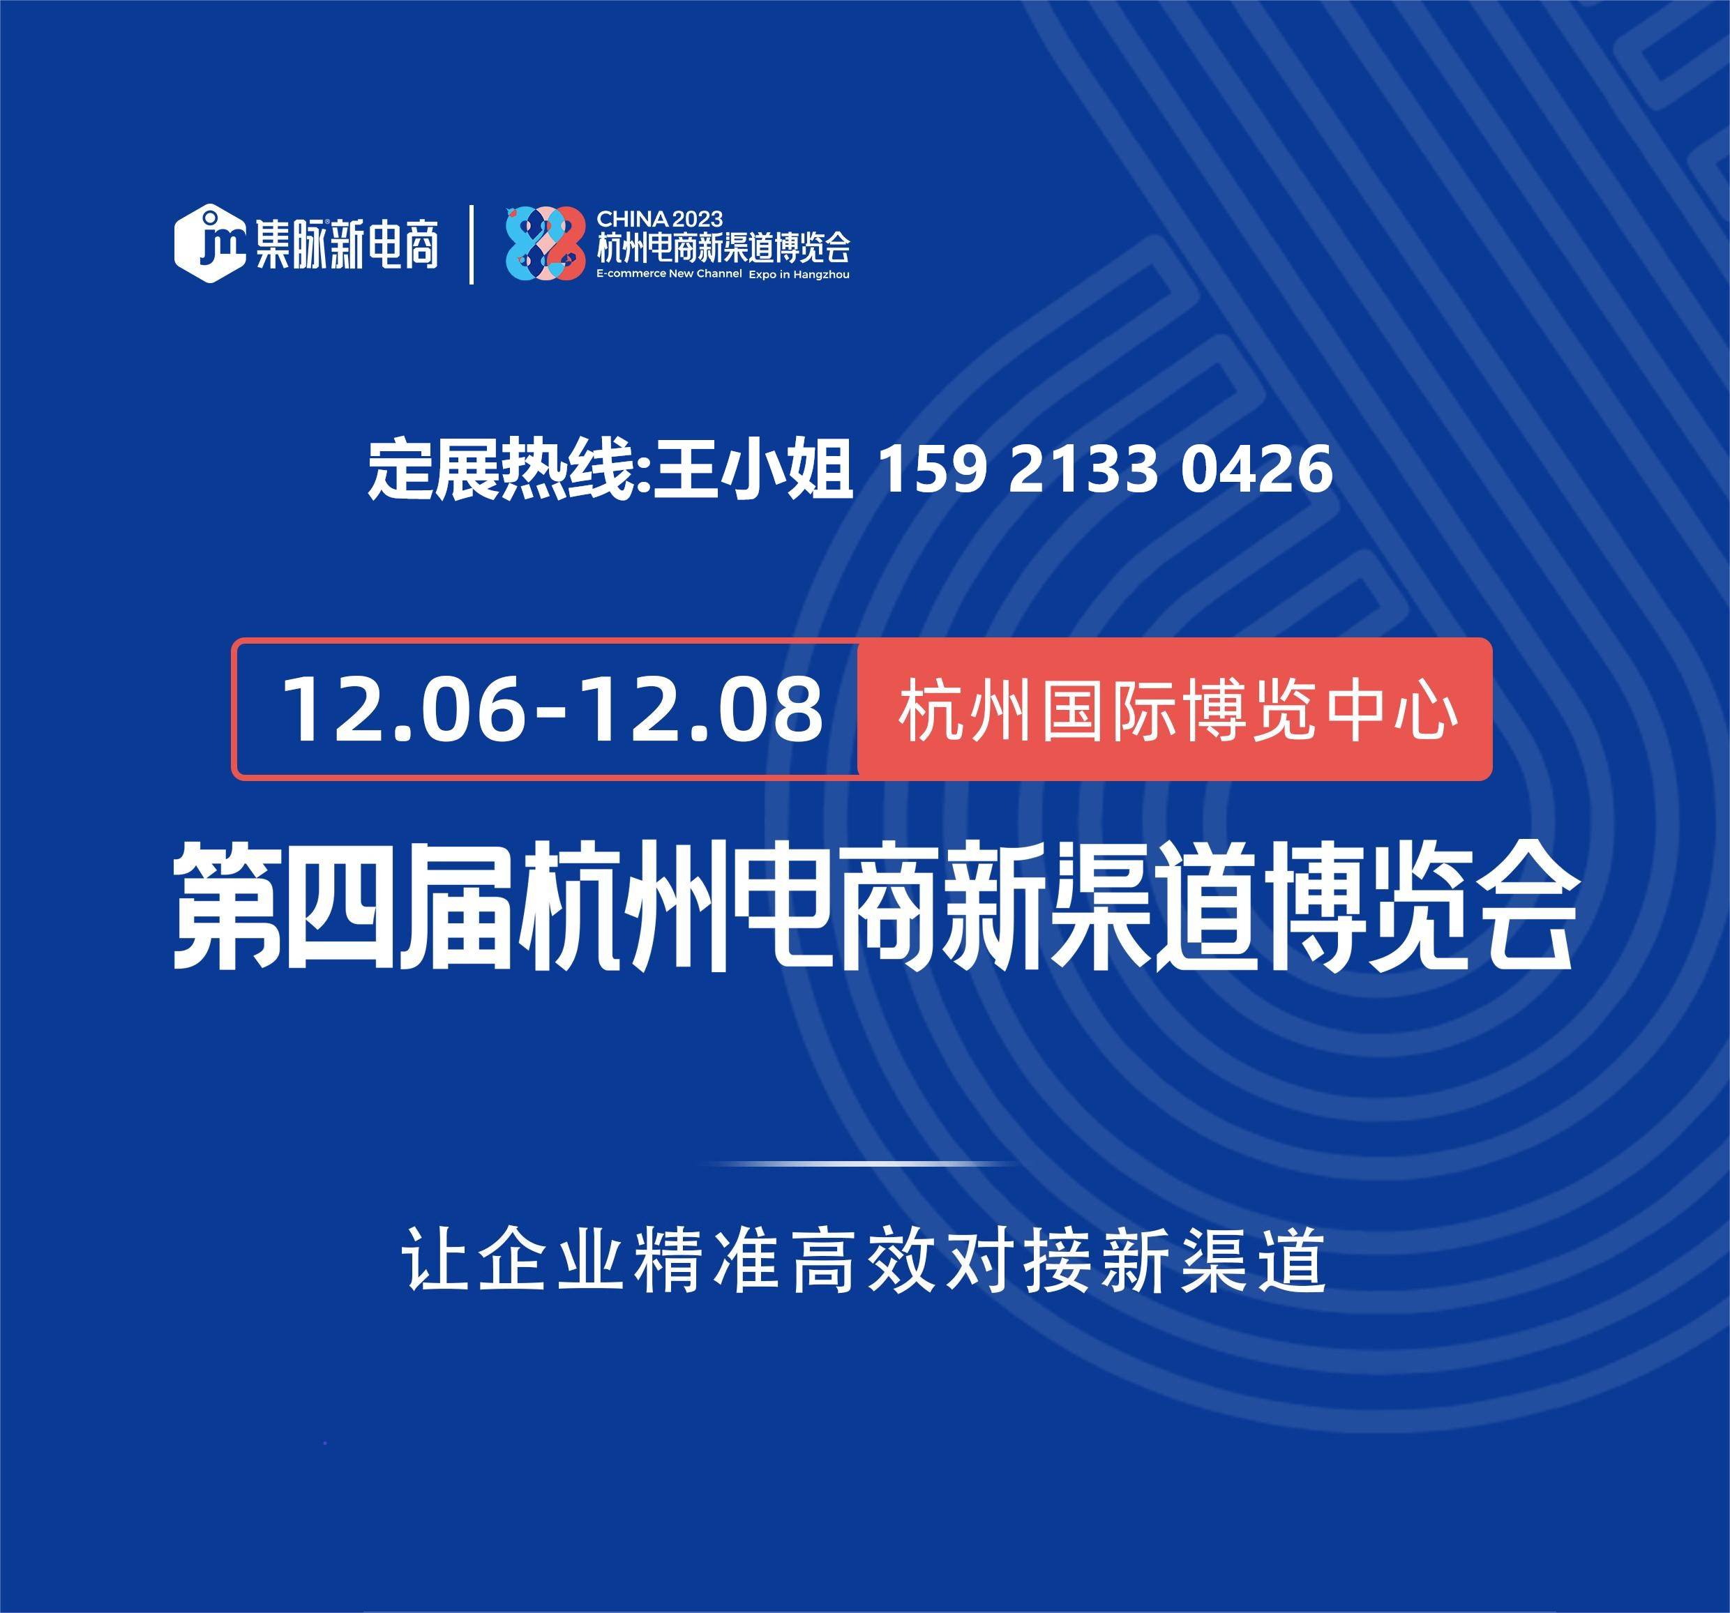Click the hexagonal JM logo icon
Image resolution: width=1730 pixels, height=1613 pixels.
tap(210, 243)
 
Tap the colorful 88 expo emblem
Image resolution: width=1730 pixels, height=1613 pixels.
tap(546, 243)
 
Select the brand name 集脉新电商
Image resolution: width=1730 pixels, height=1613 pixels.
tap(346, 245)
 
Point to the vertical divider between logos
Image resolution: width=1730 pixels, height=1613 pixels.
tap(471, 245)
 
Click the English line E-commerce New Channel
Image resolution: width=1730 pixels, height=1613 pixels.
tap(669, 274)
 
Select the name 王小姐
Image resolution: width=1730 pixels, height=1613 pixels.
tap(753, 471)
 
